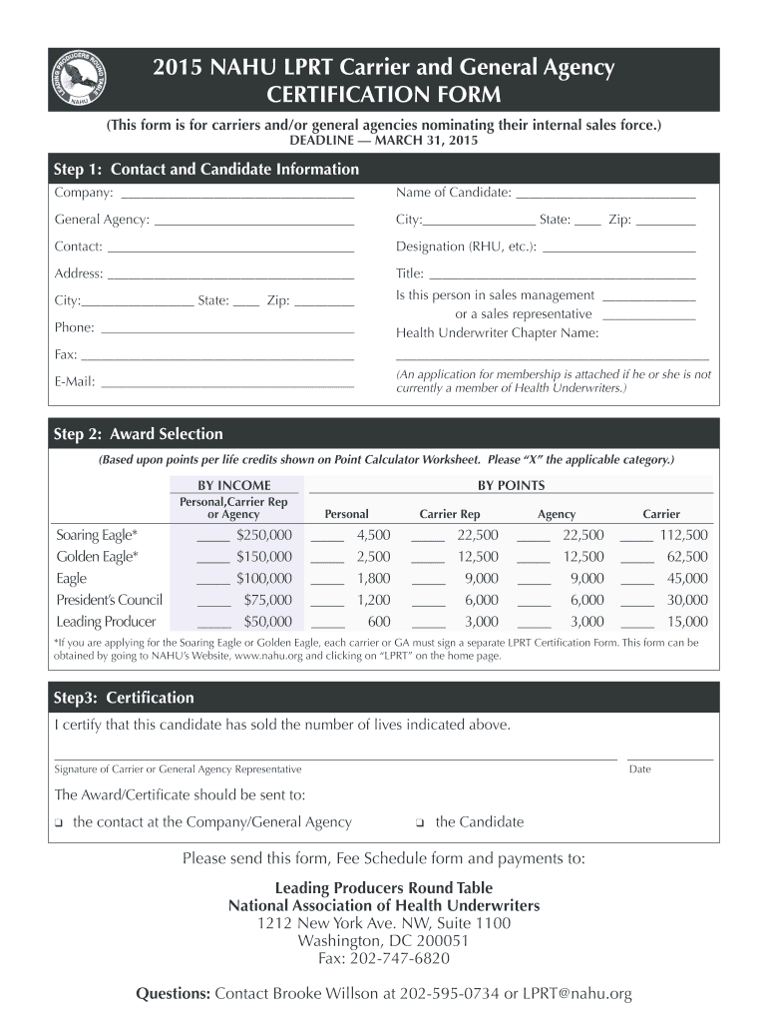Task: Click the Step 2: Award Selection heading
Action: tap(139, 434)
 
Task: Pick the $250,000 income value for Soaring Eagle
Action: tap(263, 535)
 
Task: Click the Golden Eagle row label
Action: tap(98, 557)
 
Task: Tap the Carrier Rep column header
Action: tap(449, 514)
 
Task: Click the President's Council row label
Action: tap(110, 600)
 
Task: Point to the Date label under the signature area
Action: tap(639, 769)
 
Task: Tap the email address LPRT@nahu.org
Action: tap(576, 994)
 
